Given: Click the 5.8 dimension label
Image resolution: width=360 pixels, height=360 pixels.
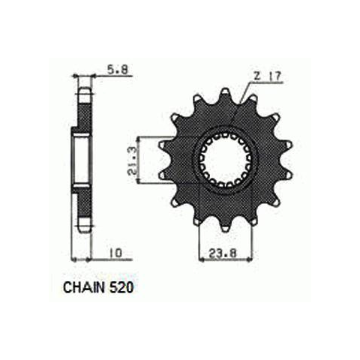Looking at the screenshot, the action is point(118,70).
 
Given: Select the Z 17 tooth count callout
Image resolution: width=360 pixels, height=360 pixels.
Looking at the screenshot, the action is point(267,76).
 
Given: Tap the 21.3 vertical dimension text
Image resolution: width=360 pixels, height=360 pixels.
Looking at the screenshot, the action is point(133,161).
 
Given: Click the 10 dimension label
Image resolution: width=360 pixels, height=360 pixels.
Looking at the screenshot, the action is point(115,253).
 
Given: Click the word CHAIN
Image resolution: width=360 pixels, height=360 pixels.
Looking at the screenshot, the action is point(84,288).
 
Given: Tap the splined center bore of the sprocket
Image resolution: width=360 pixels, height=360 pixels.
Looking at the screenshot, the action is point(225,160).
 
